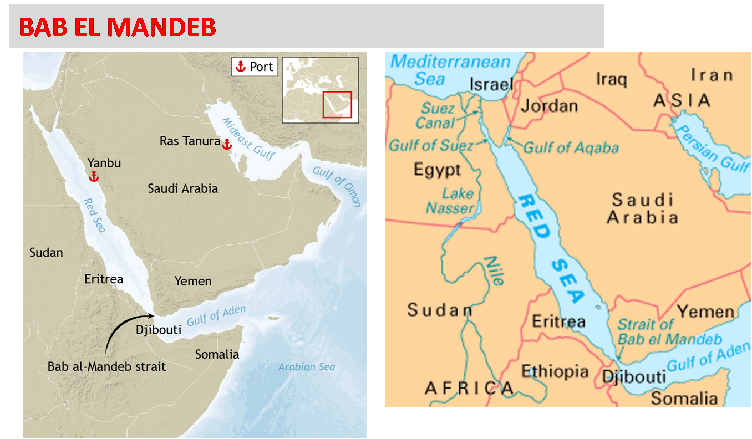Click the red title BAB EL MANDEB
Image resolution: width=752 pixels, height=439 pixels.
point(118,27)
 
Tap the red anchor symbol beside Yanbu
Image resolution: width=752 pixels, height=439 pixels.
point(94,176)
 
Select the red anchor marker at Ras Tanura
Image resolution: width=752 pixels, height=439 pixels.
point(226,144)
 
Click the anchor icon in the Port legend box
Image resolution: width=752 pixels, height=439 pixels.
point(240,67)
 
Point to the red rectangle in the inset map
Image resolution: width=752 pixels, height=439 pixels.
point(337,104)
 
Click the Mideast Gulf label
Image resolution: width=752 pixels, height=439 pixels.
point(248,139)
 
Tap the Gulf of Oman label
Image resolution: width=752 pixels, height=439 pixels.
point(337,186)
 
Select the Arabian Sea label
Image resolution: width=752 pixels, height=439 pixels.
point(307,367)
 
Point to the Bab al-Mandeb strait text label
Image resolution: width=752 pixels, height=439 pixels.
point(106,366)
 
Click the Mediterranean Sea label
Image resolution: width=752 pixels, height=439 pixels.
point(450,70)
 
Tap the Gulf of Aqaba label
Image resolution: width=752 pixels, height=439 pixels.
point(571,147)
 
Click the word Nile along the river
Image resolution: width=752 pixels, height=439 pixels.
point(494,270)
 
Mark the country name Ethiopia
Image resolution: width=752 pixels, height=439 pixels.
point(555,371)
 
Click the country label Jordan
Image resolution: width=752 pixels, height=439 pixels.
point(549,105)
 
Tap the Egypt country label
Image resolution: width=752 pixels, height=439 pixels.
point(437,169)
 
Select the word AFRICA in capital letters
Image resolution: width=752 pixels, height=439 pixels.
point(469,388)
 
